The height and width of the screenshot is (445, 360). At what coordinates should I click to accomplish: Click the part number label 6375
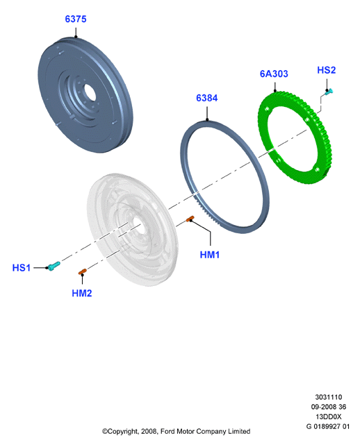coord(76,19)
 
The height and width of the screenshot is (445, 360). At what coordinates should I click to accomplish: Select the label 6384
coord(207,98)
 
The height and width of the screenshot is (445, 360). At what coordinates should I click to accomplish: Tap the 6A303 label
coord(274,74)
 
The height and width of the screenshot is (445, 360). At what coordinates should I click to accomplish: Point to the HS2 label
coord(326,70)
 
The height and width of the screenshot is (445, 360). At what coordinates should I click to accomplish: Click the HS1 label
coord(22,267)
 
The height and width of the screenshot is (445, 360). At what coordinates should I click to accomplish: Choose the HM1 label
coord(210,255)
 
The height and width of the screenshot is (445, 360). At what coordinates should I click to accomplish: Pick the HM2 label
coord(82,293)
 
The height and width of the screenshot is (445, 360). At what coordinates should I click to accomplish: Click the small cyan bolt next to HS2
coord(329,92)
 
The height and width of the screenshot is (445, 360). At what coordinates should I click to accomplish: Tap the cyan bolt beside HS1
coord(54,266)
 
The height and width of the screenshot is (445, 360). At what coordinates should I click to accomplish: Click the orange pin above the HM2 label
coord(83,271)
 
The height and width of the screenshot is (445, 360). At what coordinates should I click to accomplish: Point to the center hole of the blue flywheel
coord(88,92)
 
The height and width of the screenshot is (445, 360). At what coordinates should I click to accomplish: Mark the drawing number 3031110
coord(329,397)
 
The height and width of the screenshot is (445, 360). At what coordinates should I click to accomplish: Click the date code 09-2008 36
coord(329,407)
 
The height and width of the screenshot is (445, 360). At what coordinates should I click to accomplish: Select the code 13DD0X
coord(329,417)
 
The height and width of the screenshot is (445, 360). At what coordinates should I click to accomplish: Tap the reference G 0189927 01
coord(328,426)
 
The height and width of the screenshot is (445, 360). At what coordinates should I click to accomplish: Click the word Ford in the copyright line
coord(167,431)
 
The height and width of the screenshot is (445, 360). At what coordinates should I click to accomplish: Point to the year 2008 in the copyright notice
coord(149,431)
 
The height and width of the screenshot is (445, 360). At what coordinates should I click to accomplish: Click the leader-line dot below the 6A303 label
coord(275,91)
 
